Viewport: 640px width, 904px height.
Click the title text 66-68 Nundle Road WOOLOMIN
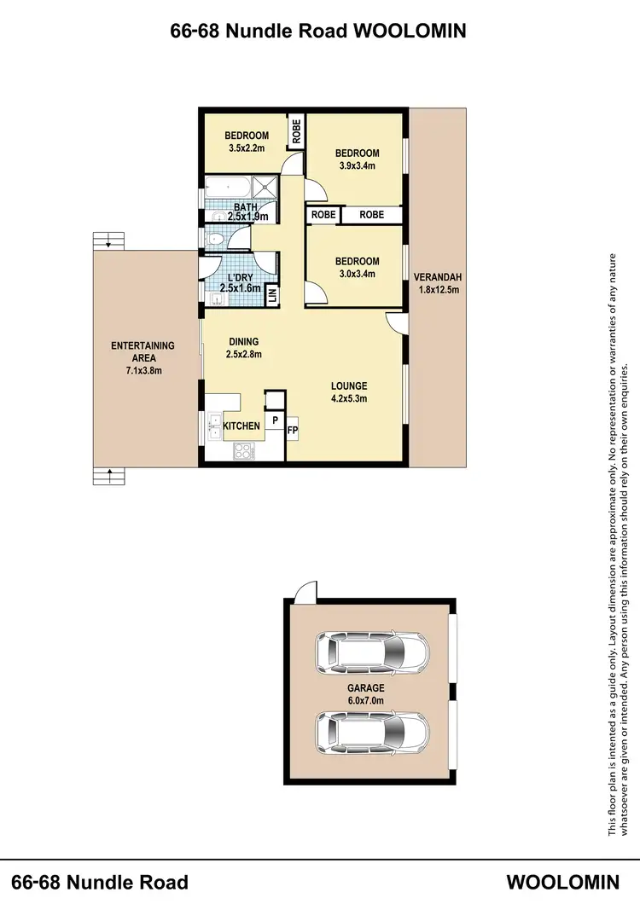click(319, 32)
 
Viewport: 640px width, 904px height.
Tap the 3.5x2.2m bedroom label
click(247, 142)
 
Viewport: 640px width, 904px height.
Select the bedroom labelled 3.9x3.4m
click(357, 159)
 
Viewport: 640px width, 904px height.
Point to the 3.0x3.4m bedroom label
click(357, 267)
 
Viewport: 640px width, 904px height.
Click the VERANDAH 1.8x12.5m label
click(437, 283)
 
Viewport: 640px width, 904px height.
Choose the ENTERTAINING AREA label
click(143, 358)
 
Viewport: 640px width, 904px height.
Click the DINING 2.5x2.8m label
click(243, 348)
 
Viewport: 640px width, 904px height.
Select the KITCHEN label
click(241, 426)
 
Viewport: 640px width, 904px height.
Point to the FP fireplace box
click(292, 431)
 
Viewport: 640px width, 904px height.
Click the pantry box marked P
click(275, 420)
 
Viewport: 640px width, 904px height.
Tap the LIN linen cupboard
click(272, 294)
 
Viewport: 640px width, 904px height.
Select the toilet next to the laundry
click(214, 239)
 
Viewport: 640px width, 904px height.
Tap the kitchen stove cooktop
click(241, 452)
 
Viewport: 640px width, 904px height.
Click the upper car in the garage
click(371, 652)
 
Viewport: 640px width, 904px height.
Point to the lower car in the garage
click(371, 730)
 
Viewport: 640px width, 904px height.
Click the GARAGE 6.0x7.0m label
click(366, 693)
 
